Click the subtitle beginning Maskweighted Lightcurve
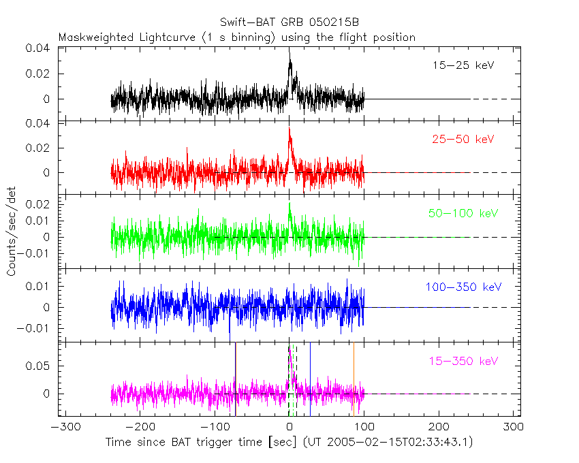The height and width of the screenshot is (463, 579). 236,37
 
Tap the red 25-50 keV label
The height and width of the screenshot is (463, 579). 463,139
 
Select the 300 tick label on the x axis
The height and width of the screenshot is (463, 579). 514,427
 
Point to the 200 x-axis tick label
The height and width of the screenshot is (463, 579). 439,427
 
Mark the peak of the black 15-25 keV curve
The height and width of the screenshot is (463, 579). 289,49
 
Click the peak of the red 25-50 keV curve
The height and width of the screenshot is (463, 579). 289,128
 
